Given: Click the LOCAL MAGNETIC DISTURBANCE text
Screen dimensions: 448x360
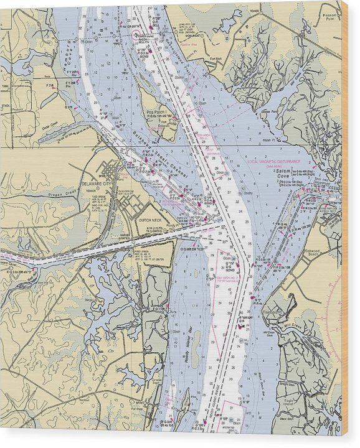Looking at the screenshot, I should click(x=273, y=161).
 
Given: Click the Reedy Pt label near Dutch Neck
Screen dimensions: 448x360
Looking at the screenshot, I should click(x=187, y=222).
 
